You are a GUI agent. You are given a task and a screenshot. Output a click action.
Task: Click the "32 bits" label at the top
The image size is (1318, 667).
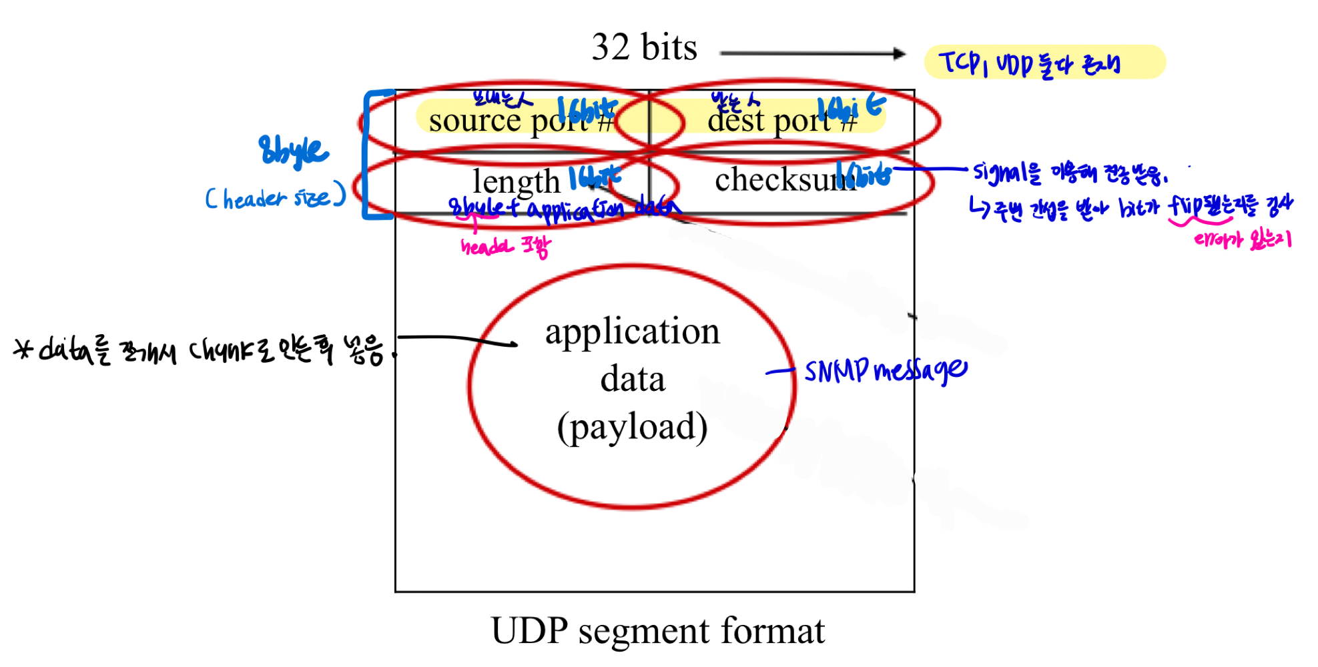(644, 47)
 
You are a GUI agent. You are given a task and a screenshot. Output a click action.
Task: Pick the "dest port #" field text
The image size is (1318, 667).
(781, 121)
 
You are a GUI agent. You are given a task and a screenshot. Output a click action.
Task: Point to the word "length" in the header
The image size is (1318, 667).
(516, 181)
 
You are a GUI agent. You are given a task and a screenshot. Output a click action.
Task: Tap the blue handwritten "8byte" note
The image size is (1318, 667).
(293, 151)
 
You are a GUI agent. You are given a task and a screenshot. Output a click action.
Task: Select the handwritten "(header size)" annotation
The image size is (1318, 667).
(275, 197)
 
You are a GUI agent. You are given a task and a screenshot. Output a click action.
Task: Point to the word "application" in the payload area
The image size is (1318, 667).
(632, 331)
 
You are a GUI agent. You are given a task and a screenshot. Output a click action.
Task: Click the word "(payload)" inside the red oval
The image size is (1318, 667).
(632, 428)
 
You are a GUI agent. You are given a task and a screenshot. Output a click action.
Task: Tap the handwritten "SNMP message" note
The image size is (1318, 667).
(885, 371)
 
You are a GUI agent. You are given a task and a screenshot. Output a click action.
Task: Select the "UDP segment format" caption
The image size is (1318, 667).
(657, 630)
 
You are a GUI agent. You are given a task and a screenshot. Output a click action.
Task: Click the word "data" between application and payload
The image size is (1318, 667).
(632, 380)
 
